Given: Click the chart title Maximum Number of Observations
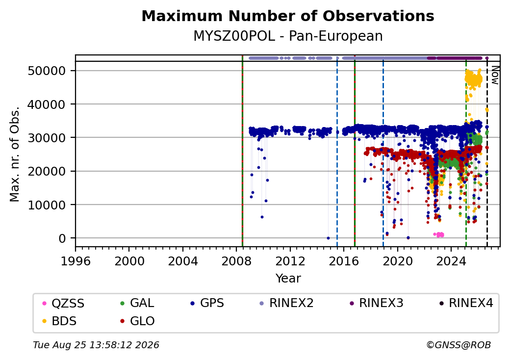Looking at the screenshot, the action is (x=288, y=16).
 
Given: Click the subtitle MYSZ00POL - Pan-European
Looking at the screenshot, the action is (x=288, y=36).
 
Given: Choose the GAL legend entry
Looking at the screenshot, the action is (x=137, y=303).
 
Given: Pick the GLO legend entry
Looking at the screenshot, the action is (x=137, y=321).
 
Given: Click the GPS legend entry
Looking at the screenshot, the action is (x=207, y=303).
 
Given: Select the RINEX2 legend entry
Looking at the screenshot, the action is (x=286, y=303).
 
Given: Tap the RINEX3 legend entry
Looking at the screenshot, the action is (x=376, y=303).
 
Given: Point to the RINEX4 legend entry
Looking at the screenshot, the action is (x=466, y=303).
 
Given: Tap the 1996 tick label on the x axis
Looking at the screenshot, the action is (x=76, y=261).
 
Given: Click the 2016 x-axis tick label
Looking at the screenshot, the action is (x=344, y=261).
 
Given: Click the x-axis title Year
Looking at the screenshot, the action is (x=288, y=279).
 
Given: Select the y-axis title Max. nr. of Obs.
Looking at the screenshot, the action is (x=15, y=154).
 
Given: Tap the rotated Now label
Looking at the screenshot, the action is (x=495, y=75).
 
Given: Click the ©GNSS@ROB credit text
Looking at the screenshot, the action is (x=459, y=345).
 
